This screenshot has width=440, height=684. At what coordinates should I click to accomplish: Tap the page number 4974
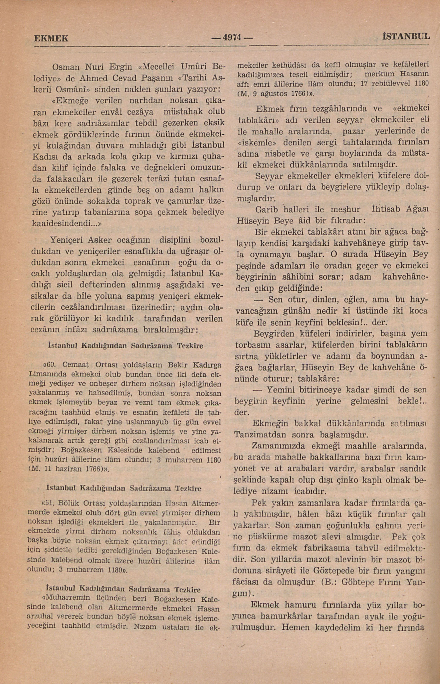pos(232,37)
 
